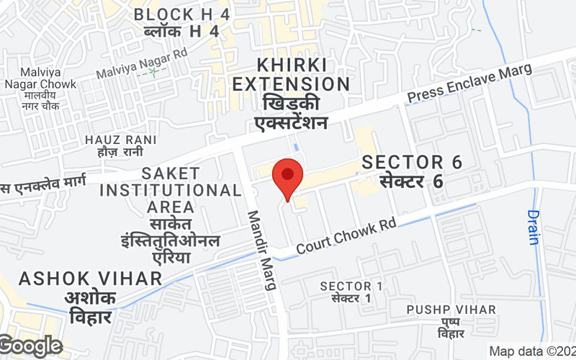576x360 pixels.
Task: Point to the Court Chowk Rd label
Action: [346, 236]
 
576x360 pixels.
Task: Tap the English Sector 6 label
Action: [412, 162]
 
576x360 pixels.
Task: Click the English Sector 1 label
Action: [351, 286]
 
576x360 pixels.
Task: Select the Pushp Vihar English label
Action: [451, 310]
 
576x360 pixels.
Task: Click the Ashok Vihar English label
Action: [91, 278]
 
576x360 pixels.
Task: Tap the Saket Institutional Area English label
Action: [170, 190]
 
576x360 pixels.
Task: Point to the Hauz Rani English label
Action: [114, 139]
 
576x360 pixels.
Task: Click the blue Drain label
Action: [533, 227]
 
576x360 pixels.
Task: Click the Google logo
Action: [32, 346]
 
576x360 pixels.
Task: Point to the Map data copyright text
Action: [532, 351]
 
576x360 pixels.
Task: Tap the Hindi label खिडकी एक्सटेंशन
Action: [291, 112]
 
